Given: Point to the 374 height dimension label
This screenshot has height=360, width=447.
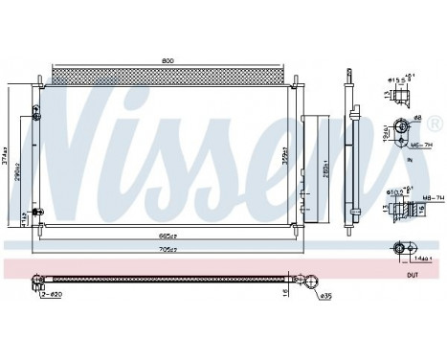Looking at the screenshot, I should pyautogui.click(x=8, y=150).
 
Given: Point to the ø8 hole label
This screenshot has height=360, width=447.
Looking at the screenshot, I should pyautogui.click(x=417, y=119).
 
